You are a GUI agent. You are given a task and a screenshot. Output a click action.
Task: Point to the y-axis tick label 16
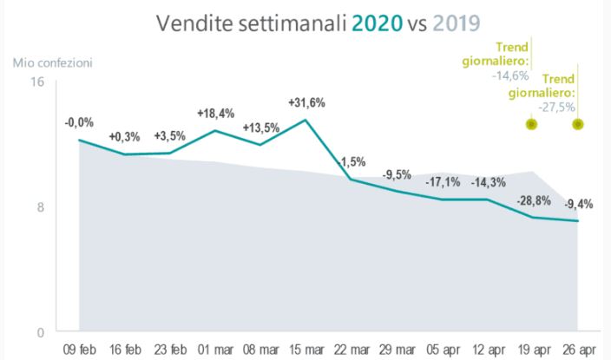[36, 82]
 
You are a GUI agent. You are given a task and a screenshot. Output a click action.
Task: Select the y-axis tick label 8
[40, 206]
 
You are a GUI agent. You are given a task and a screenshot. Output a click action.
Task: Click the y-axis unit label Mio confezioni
[52, 62]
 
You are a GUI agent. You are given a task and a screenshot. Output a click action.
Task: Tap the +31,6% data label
[306, 102]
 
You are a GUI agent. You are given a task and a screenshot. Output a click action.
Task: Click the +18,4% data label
[215, 114]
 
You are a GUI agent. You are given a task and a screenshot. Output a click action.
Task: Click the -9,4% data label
[578, 205]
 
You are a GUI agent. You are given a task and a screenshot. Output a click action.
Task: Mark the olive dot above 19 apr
[532, 124]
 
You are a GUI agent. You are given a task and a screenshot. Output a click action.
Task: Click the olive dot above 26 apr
[578, 124]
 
